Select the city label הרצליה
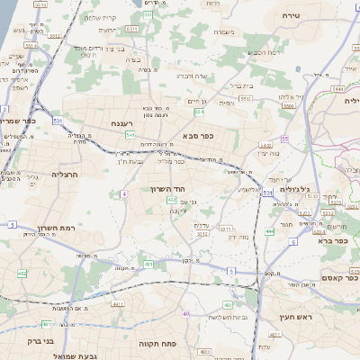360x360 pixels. point(66,174)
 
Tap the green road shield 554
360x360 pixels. point(199,112)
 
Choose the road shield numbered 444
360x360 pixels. point(270,231)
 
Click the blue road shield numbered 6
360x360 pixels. point(292,241)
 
